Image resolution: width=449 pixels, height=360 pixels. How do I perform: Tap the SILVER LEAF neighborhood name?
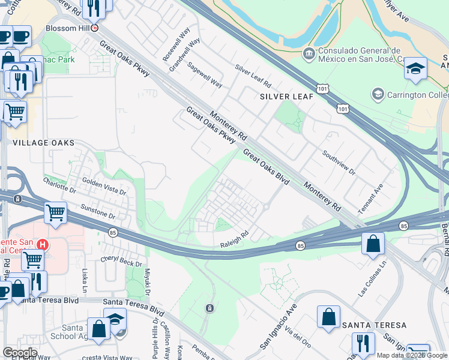286,97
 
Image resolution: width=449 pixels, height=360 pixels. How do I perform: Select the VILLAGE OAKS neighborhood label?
44,143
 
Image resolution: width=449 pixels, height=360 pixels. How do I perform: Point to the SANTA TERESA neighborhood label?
373,325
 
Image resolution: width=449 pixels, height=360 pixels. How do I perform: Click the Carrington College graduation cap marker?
378,94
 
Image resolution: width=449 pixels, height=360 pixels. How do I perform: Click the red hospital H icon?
42,245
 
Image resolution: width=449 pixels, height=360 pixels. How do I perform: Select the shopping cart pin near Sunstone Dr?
55,212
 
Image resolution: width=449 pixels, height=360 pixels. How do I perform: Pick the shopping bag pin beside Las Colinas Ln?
373,244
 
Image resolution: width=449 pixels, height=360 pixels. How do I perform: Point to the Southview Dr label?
339,163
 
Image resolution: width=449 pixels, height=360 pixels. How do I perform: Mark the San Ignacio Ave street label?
279,326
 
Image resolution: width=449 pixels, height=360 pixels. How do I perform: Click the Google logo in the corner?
20,352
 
